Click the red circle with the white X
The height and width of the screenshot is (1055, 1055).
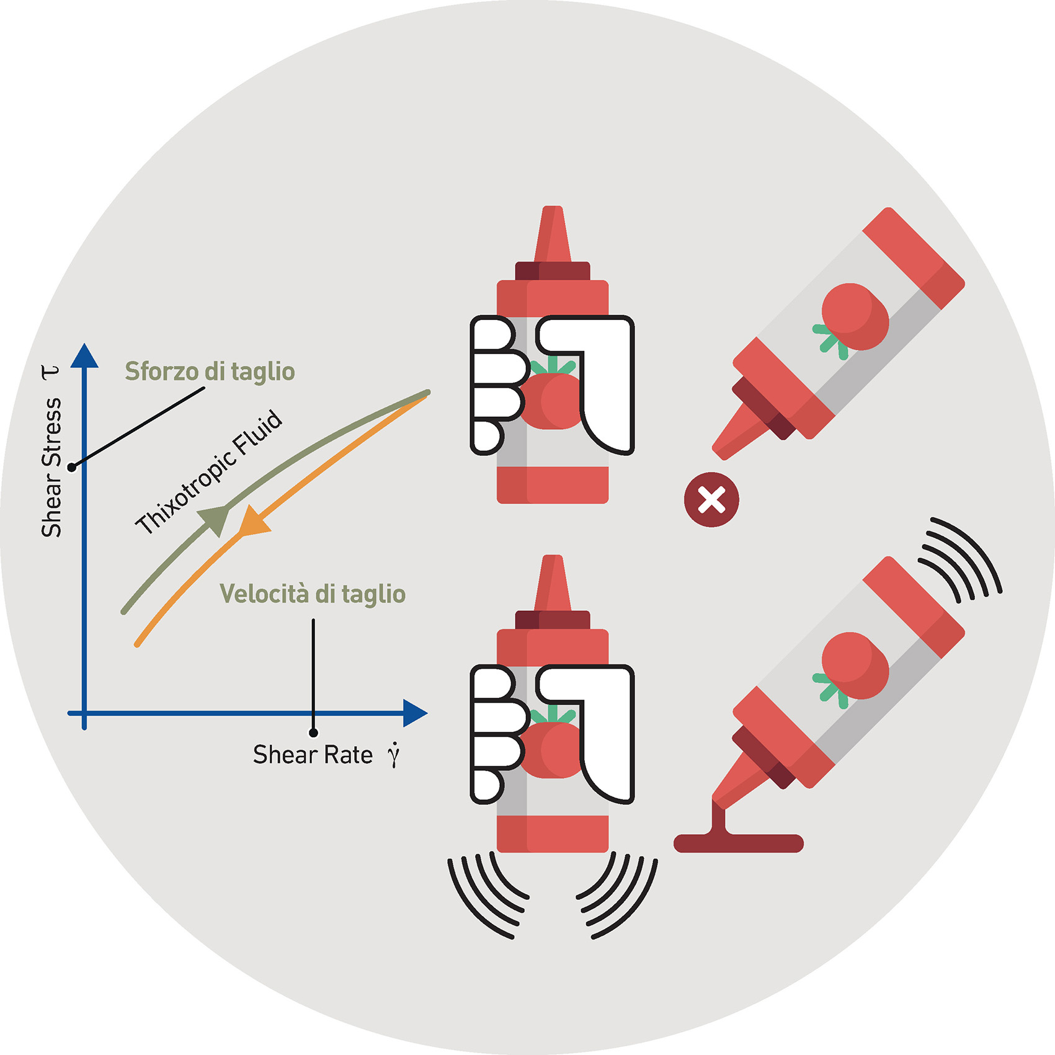click(711, 500)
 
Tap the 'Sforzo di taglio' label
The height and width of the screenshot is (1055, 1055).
click(210, 372)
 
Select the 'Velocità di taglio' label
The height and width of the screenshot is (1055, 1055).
click(313, 594)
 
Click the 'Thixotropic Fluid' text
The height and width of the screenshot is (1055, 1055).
click(209, 472)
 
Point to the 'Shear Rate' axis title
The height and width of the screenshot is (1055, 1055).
click(313, 755)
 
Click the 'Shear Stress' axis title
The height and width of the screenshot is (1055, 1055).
click(51, 467)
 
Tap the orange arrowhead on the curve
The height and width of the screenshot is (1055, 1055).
click(253, 521)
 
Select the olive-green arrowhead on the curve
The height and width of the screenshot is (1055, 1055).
click(215, 519)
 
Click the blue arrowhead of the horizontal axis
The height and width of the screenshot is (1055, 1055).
click(414, 713)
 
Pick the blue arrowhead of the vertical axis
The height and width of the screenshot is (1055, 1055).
click(84, 356)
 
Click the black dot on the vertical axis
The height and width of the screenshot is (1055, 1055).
click(72, 467)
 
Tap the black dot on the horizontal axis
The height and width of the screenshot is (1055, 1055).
click(313, 733)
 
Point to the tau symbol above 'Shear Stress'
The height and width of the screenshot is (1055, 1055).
click(50, 372)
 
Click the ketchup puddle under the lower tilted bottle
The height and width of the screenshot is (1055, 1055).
click(738, 842)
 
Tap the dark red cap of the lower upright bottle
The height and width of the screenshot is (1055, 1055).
click(552, 619)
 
